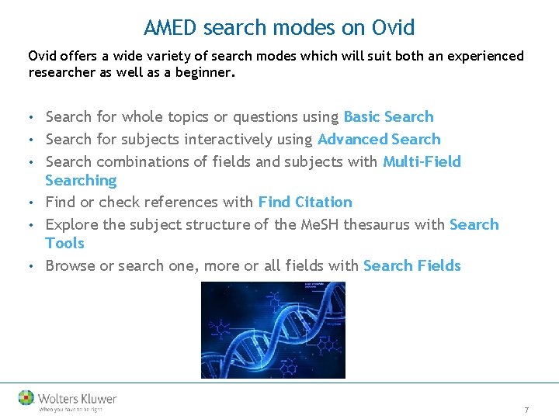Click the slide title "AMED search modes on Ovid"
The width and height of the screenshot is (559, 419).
tap(279, 28)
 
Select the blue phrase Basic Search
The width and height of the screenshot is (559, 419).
tap(388, 117)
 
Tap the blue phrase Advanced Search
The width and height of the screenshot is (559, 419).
tap(379, 140)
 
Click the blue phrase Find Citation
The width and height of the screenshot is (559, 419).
tap(305, 203)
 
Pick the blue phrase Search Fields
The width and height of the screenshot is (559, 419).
tap(411, 266)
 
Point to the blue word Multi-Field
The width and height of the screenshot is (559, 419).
tap(422, 162)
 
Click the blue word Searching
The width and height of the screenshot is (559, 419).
tap(81, 181)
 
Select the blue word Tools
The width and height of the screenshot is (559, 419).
tap(64, 244)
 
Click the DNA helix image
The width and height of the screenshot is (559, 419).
tap(273, 330)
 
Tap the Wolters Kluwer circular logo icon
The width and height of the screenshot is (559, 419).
tap(26, 397)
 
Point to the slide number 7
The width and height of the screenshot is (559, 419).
tap(526, 410)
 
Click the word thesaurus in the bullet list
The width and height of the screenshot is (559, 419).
tap(409, 225)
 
